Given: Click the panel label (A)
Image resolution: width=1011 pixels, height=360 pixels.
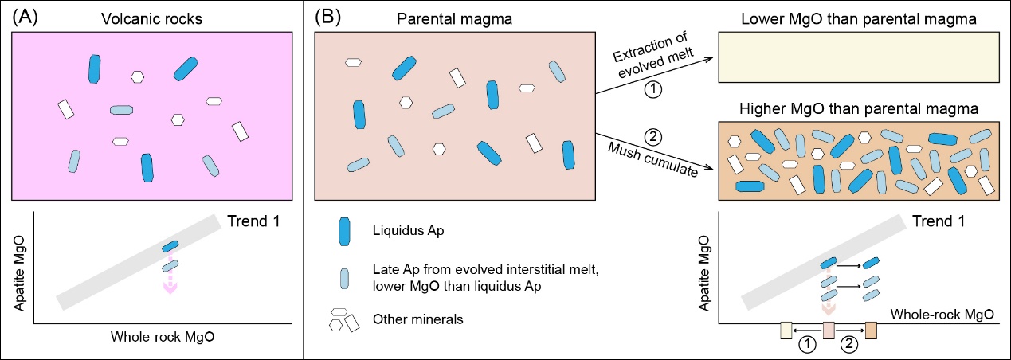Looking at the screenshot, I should [x=21, y=14].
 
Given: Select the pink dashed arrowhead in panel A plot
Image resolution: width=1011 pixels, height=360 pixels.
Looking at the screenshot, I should [x=169, y=288].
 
